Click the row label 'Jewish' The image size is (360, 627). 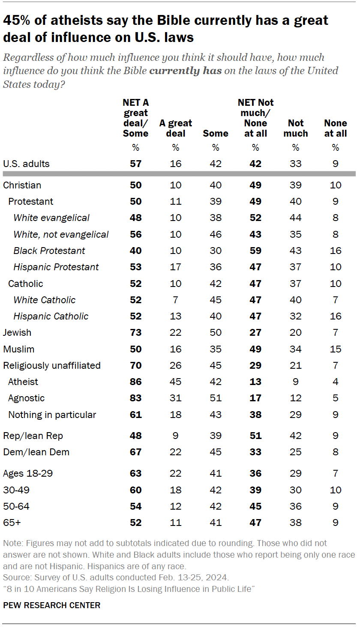pyautogui.click(x=17, y=332)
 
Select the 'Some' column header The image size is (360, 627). pyautogui.click(x=216, y=133)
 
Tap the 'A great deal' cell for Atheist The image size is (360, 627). pyautogui.click(x=176, y=382)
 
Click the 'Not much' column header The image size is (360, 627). pyautogui.click(x=296, y=128)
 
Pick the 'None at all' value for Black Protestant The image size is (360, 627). pyautogui.click(x=336, y=251)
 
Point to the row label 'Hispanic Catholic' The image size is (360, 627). pyautogui.click(x=51, y=316)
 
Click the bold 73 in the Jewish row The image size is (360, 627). pyautogui.click(x=135, y=332)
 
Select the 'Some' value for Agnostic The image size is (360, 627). pyautogui.click(x=216, y=398)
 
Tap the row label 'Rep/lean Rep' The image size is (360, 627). pyautogui.click(x=33, y=436)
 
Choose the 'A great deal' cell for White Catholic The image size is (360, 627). pyautogui.click(x=176, y=300)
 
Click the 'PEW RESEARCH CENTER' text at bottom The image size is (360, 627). pyautogui.click(x=51, y=605)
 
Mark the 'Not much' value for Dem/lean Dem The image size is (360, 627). pyautogui.click(x=296, y=452)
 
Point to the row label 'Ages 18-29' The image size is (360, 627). pyautogui.click(x=28, y=473)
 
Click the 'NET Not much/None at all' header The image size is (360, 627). pyautogui.click(x=255, y=118)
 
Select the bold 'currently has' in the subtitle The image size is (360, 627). pyautogui.click(x=185, y=71)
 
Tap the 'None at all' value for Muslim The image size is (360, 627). pyautogui.click(x=336, y=349)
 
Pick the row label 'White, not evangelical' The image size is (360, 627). pyautogui.click(x=61, y=234)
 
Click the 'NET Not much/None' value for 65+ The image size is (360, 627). pyautogui.click(x=255, y=522)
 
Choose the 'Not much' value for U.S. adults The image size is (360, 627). pyautogui.click(x=296, y=164)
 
